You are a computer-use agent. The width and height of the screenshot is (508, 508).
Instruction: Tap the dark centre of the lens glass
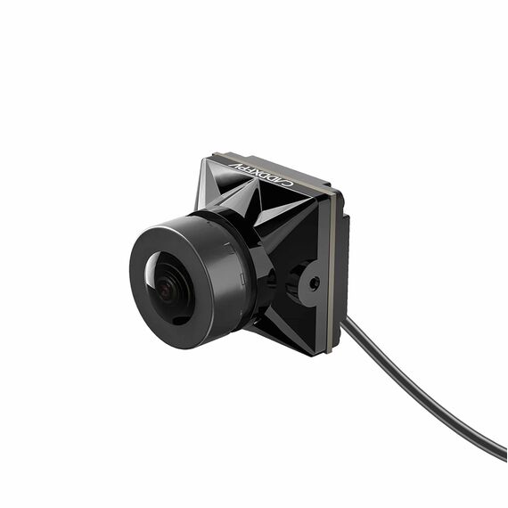tap(168, 290)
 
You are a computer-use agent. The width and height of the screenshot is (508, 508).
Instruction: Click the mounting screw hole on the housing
tap(314, 283)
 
